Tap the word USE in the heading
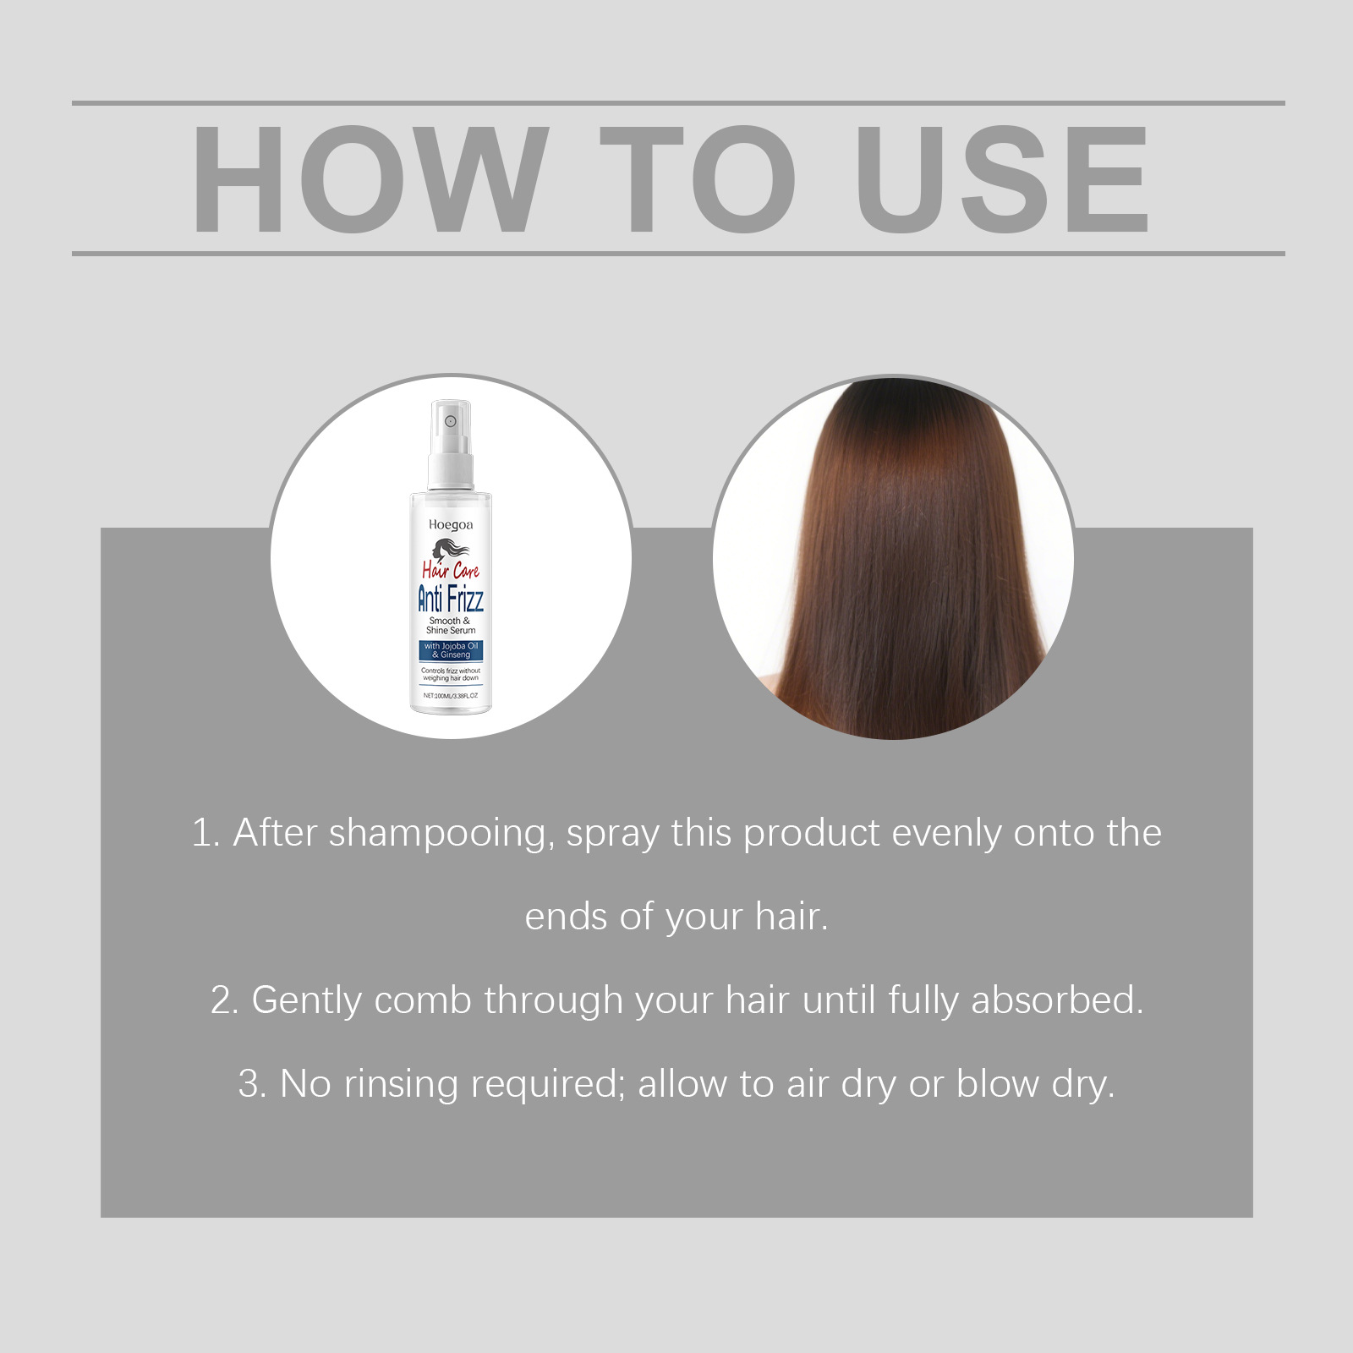tap(1003, 178)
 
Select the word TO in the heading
tap(698, 178)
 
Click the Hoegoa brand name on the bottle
tap(451, 525)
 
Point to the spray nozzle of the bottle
tap(451, 421)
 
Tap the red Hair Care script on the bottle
tap(451, 571)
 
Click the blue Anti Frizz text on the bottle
tap(451, 599)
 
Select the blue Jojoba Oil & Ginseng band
tap(451, 650)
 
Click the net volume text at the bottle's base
tap(451, 695)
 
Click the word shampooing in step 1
tap(441, 834)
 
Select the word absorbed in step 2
tap(1057, 1000)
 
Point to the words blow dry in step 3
tap(1035, 1085)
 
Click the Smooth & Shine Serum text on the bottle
tap(451, 626)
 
